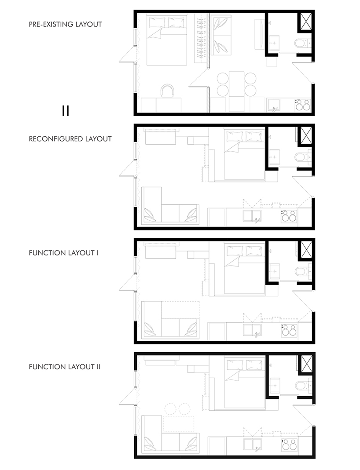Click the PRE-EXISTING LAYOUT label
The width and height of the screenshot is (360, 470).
pyautogui.click(x=65, y=25)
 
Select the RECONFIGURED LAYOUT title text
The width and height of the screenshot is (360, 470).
pyautogui.click(x=70, y=139)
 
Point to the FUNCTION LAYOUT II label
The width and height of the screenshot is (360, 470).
pyautogui.click(x=64, y=366)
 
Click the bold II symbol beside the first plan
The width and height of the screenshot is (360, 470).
pyautogui.click(x=66, y=110)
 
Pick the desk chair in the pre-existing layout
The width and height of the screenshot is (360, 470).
pyautogui.click(x=168, y=90)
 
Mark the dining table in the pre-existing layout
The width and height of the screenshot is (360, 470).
pyautogui.click(x=236, y=84)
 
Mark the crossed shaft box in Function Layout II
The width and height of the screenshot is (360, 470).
pyautogui.click(x=305, y=363)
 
